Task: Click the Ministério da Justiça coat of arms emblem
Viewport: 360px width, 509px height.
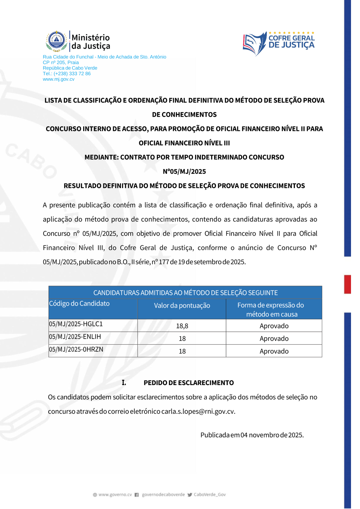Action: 57,41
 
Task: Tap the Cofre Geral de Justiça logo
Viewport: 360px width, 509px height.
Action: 279,43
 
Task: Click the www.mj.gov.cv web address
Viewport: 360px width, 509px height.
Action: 59,79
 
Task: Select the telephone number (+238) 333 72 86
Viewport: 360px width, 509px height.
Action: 72,73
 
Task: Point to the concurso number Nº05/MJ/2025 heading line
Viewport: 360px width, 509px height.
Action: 184,171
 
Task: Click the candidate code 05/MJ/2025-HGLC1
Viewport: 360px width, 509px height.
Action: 76,324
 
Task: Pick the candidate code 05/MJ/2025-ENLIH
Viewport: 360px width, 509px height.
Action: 75,337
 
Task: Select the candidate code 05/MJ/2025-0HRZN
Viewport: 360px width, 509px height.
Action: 76,349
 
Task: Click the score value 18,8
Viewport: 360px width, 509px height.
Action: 182,326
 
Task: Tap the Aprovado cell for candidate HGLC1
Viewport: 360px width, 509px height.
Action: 274,326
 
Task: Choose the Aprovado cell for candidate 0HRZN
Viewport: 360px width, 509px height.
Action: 274,351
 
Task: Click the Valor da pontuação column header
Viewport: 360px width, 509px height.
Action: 182,305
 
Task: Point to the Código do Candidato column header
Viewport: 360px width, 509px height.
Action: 79,304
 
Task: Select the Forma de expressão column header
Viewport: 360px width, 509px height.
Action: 271,309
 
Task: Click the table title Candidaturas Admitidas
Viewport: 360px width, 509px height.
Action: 185,293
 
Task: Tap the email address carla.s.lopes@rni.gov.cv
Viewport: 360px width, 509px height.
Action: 198,411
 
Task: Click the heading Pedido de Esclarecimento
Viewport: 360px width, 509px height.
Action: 189,383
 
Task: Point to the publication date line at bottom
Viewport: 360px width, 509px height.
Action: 252,435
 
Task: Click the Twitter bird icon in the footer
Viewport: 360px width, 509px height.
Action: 190,495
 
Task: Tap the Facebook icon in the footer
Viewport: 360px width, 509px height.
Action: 137,495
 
